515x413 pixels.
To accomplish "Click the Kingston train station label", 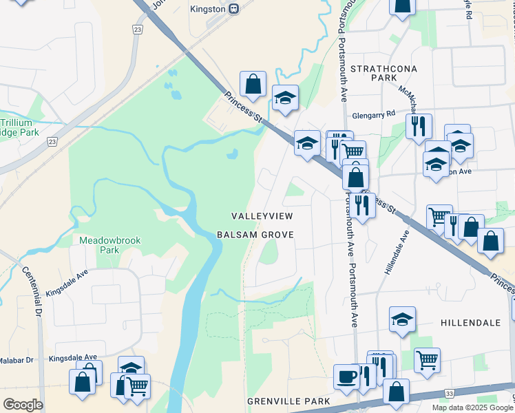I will click(x=207, y=9).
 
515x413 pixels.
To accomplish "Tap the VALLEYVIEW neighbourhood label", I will click(x=262, y=216).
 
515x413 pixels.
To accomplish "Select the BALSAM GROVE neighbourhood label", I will click(x=255, y=235).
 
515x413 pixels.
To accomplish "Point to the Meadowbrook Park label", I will click(x=100, y=245).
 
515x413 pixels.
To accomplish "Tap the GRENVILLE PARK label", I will click(x=289, y=401).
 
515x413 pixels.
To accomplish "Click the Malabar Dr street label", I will click(x=17, y=360).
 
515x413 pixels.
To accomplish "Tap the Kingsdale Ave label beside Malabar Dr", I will click(x=72, y=358).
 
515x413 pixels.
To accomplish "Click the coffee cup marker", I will click(x=346, y=376).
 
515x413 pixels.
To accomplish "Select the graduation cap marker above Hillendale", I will click(x=402, y=319).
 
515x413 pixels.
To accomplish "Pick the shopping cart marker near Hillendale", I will click(x=428, y=359).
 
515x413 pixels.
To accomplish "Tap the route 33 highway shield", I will click(x=449, y=393).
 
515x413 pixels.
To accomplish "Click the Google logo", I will click(x=23, y=405).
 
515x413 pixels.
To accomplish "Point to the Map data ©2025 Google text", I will click(x=472, y=407).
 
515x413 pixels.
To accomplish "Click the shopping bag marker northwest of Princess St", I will click(x=253, y=84).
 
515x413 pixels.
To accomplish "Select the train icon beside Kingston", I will click(x=234, y=9).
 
